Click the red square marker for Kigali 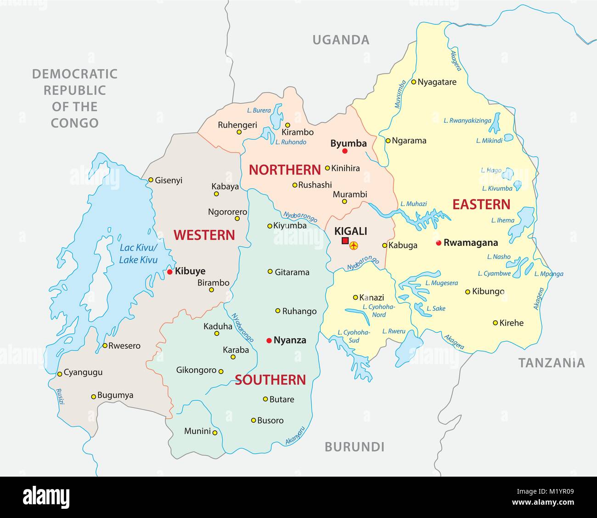(x=345, y=241)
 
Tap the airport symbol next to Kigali (x=354, y=246)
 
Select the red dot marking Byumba (x=345, y=151)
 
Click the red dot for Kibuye (x=169, y=272)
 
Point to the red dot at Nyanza (x=269, y=341)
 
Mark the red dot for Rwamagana (x=439, y=243)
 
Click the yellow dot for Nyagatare (x=413, y=82)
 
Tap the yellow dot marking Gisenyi (x=150, y=180)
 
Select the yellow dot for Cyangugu (x=59, y=374)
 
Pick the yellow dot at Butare (x=265, y=399)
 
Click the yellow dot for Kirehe (x=495, y=323)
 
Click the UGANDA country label (x=341, y=40)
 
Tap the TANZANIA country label (x=552, y=363)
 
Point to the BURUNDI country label (x=354, y=447)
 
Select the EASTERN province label (x=481, y=205)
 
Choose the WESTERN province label (x=204, y=235)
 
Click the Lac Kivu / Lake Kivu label (x=138, y=254)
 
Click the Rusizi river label (x=59, y=397)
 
